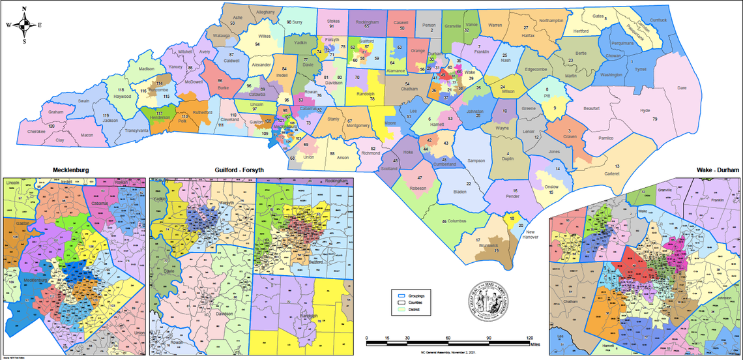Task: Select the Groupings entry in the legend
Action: [416, 296]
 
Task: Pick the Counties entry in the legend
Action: [415, 303]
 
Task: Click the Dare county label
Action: [682, 87]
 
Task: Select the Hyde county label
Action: [645, 111]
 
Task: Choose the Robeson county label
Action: [418, 188]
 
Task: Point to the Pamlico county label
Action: [605, 139]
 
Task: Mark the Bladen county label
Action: [459, 192]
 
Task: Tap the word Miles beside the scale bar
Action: [536, 344]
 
